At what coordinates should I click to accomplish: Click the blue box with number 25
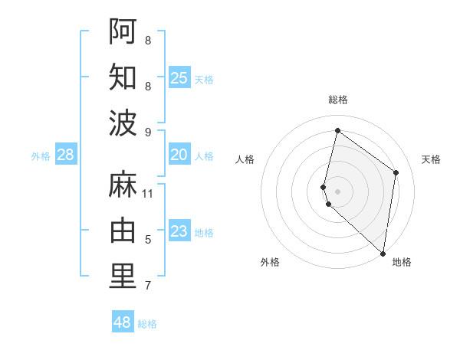pos(179,77)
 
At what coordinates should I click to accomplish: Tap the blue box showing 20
pos(179,155)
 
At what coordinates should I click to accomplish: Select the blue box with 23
pos(179,231)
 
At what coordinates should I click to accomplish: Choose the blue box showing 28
pos(66,155)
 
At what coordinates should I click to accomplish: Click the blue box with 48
pos(123,322)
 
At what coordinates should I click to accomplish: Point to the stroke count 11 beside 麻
pos(148,194)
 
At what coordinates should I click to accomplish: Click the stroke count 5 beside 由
pos(148,240)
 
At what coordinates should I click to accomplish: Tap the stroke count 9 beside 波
pos(148,133)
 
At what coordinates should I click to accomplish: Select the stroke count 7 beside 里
pos(148,286)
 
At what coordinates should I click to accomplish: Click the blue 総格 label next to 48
pos(147,324)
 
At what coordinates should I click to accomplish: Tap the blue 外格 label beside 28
pos(41,156)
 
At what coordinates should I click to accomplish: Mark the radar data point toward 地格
pos(383,254)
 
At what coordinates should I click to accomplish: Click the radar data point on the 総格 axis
pos(337,130)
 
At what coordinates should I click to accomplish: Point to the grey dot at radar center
pos(337,191)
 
